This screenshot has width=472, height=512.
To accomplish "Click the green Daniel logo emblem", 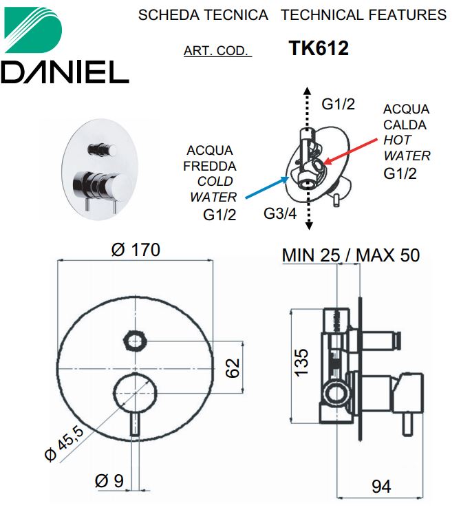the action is [32, 30].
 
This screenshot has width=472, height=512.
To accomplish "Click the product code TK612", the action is [319, 48].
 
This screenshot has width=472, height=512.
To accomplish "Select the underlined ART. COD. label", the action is [217, 51].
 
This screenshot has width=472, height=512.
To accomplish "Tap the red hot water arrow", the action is [350, 151].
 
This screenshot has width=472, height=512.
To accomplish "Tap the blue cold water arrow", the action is [268, 187].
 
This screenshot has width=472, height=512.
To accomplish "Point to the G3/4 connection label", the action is [280, 213].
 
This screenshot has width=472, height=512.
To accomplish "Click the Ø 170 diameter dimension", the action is [136, 250].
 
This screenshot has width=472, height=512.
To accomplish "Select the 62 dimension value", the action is [233, 368].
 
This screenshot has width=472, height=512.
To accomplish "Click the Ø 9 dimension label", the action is [109, 481].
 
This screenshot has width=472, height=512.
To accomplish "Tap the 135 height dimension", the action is [301, 363].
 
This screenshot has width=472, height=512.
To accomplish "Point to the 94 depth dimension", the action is [381, 487].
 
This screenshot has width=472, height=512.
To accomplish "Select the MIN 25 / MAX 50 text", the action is [351, 255].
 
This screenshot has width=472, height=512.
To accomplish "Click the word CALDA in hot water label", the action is [405, 125].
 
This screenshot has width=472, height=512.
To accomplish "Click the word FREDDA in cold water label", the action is [210, 166].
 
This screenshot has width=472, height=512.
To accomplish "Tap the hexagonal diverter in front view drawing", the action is [135, 341].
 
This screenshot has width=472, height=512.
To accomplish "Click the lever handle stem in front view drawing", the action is [135, 423].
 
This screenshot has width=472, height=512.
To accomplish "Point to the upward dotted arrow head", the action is [307, 90].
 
